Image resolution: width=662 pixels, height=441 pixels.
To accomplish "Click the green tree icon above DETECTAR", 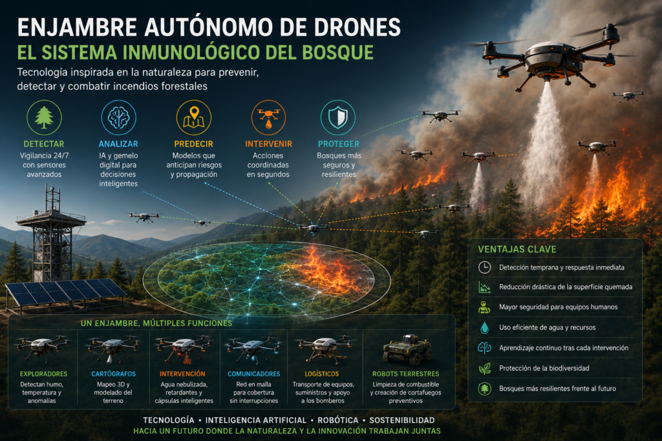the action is coord(44,118).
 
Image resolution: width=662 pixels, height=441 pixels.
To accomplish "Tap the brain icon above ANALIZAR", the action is coord(119,118).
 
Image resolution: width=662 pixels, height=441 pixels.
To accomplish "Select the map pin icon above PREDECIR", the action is coord(193,118).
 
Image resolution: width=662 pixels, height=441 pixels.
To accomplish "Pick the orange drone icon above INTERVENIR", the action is coord(268,118).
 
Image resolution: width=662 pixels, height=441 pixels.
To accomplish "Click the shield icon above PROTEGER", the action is coord(337,118).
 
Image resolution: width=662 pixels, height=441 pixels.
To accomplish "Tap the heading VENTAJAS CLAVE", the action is coord(517,249).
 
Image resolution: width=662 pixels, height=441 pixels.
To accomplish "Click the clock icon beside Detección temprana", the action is coord(484,267).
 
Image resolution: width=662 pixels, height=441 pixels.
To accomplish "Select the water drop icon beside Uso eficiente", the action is coord(484,327).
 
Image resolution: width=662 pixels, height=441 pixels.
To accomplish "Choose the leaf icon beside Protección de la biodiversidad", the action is coord(484,369).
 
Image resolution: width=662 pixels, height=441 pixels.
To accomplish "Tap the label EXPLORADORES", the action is coord(43,374).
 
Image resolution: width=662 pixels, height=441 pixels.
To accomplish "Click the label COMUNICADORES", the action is coord(253,374).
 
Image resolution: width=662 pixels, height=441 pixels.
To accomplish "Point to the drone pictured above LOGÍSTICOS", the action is coord(325,348).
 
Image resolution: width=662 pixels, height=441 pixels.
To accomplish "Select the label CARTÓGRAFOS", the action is coord(113,374).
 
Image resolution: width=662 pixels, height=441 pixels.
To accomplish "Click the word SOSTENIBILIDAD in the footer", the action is coord(402,420).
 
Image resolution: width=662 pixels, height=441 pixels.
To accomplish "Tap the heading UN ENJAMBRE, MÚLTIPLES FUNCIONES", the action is coord(156,323).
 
